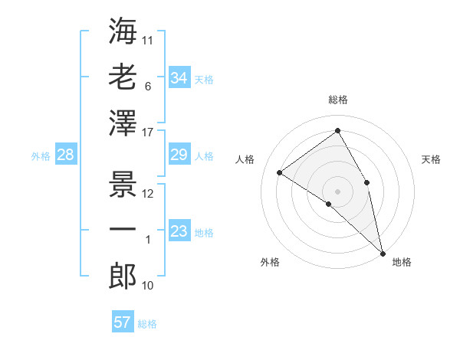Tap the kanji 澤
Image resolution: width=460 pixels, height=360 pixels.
(x=123, y=123)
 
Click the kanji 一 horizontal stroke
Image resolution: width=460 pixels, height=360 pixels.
(x=123, y=229)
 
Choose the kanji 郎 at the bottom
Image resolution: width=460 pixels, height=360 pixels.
(x=123, y=276)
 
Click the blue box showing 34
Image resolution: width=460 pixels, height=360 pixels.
(x=179, y=78)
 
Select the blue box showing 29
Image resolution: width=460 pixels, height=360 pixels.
(x=179, y=155)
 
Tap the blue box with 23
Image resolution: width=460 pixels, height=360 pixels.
(x=179, y=232)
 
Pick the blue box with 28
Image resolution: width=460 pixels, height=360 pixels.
(x=65, y=155)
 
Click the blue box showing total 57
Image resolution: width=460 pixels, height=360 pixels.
(x=122, y=322)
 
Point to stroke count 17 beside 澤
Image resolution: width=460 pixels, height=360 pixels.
(x=149, y=133)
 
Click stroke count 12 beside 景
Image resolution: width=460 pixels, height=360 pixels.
(x=148, y=193)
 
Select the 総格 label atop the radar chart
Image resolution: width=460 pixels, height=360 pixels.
(x=337, y=100)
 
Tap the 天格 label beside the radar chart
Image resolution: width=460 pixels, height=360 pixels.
(x=431, y=159)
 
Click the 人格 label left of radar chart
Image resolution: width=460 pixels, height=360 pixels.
(x=245, y=159)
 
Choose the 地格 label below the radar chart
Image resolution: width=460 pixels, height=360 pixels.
(x=402, y=262)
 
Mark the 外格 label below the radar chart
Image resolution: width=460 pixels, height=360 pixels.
(x=270, y=262)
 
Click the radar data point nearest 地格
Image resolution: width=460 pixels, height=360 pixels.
(x=382, y=252)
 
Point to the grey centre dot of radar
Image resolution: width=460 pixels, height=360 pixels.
(x=337, y=191)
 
